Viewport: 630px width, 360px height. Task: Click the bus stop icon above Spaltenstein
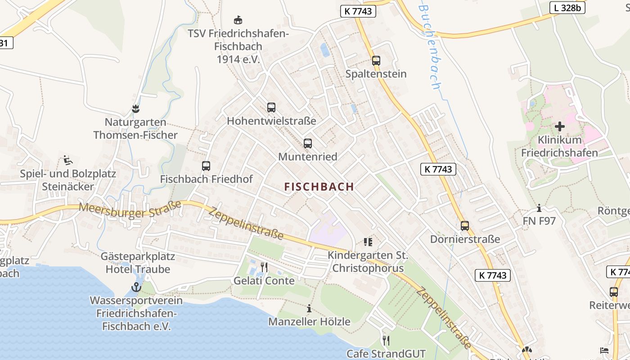tap(376, 61)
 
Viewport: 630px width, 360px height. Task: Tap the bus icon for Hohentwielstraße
tap(271, 108)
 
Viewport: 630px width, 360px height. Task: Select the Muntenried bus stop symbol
tap(308, 144)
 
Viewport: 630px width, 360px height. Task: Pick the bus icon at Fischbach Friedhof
tap(206, 166)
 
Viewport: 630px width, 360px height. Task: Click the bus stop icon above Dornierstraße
tap(465, 226)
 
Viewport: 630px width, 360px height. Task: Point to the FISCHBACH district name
tap(319, 187)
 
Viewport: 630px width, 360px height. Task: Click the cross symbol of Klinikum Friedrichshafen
tap(559, 126)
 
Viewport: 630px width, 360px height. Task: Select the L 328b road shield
tap(567, 8)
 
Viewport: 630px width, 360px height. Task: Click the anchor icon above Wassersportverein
tap(136, 287)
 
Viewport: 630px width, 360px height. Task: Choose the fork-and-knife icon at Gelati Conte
tap(264, 267)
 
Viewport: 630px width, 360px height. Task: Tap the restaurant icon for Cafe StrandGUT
tap(386, 340)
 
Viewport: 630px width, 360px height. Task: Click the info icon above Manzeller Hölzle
tap(309, 309)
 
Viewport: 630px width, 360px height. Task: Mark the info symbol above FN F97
tap(539, 208)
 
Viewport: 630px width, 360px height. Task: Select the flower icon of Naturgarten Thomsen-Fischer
tap(135, 108)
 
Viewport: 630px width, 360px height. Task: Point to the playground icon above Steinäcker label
tap(68, 160)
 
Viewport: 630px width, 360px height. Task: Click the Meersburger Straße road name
tap(130, 210)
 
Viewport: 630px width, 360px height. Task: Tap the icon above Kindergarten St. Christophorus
tap(368, 242)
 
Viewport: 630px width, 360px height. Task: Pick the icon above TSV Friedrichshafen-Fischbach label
tap(238, 20)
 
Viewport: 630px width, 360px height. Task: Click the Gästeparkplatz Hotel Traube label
tap(138, 263)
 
